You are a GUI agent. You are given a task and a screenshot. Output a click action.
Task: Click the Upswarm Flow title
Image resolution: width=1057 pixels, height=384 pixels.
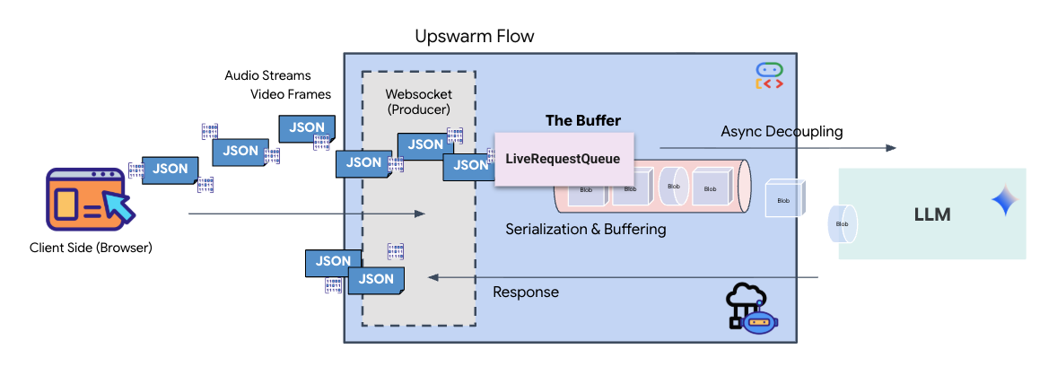click(474, 37)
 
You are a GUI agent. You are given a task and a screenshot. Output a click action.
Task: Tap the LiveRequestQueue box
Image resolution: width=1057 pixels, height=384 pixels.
click(563, 159)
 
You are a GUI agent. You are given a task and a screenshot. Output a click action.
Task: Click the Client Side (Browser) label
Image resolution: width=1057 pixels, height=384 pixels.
click(91, 248)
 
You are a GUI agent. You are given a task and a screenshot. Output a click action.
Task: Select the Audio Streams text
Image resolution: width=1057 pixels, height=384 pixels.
click(267, 75)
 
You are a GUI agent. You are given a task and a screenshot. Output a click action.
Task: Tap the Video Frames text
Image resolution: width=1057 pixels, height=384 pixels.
click(290, 94)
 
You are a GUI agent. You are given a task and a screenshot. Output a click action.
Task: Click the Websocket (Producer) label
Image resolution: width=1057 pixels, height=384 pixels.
click(418, 100)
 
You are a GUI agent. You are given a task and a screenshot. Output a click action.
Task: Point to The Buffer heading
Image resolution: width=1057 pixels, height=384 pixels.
click(582, 120)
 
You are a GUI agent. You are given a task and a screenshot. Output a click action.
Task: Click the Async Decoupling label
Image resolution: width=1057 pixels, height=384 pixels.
click(782, 132)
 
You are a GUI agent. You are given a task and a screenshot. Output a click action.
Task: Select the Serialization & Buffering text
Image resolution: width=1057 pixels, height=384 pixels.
click(585, 229)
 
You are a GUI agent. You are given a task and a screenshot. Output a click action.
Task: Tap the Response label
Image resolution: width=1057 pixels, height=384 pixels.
click(526, 292)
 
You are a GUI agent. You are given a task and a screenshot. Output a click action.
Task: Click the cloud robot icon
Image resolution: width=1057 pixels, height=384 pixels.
click(750, 310)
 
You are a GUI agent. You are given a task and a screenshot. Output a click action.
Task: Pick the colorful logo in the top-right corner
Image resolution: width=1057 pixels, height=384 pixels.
click(769, 76)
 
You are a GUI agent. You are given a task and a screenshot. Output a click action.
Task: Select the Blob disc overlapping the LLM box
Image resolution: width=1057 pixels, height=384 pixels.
click(842, 223)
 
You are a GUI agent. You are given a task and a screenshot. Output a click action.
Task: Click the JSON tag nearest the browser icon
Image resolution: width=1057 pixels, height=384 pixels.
click(170, 168)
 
